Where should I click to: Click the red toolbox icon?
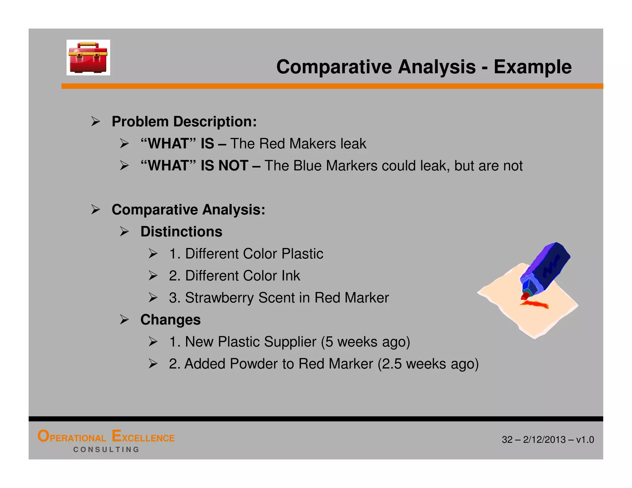pyautogui.click(x=88, y=58)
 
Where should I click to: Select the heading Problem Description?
pyautogui.click(x=184, y=122)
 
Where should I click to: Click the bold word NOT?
pyautogui.click(x=233, y=166)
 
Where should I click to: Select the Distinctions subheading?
pyautogui.click(x=181, y=232)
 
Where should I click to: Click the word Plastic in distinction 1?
pyautogui.click(x=302, y=254)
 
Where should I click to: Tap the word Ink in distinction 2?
pyautogui.click(x=290, y=276)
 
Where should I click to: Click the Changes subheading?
pyautogui.click(x=170, y=320)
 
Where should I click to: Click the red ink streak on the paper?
pyautogui.click(x=535, y=304)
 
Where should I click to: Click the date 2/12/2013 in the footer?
pyautogui.click(x=544, y=440)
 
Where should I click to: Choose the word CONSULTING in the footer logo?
pyautogui.click(x=106, y=450)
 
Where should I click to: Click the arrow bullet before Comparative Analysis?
pyautogui.click(x=96, y=210)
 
